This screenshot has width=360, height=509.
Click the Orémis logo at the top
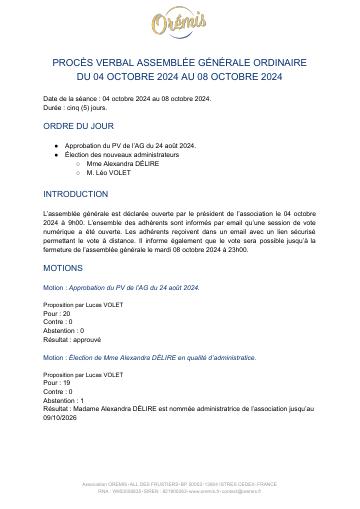click(x=180, y=23)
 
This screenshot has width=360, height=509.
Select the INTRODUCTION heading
click(x=76, y=194)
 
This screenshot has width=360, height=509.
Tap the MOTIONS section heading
click(x=63, y=268)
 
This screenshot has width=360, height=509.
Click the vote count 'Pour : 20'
click(x=57, y=312)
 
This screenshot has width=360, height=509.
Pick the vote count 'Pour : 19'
click(x=57, y=381)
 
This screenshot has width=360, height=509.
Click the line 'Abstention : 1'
click(x=64, y=399)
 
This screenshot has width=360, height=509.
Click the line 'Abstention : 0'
click(x=64, y=329)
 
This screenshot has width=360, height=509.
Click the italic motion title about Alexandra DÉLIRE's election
click(x=157, y=356)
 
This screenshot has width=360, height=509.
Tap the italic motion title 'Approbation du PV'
click(x=129, y=286)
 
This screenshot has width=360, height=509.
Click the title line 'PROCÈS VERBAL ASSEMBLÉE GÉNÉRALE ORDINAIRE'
click(x=180, y=62)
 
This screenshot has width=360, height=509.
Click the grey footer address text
click(x=180, y=485)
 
